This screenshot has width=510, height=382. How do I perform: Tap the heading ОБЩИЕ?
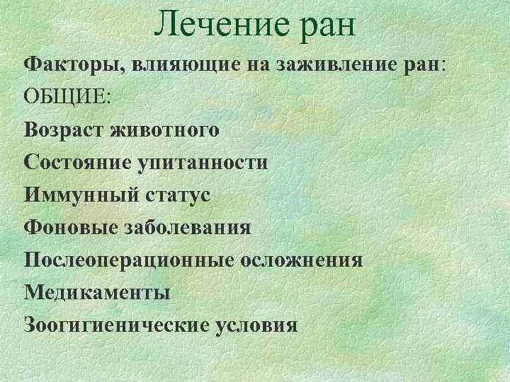click(x=67, y=98)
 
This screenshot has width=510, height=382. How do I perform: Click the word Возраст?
click(x=66, y=132)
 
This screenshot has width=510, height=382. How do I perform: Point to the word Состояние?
click(x=80, y=163)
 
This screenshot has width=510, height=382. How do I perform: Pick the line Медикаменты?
click(x=97, y=292)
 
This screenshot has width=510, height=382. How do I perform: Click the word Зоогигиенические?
click(x=117, y=325)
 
